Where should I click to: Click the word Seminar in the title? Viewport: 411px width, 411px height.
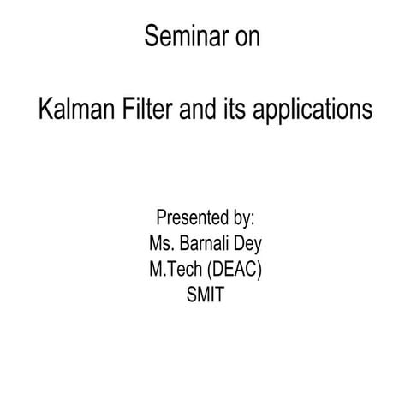(178, 39)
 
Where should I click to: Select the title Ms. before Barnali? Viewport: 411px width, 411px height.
(161, 243)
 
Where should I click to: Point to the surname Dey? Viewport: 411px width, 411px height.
(247, 244)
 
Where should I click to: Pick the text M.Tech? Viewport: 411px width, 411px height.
(174, 270)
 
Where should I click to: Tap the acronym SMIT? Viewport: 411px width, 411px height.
(205, 297)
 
